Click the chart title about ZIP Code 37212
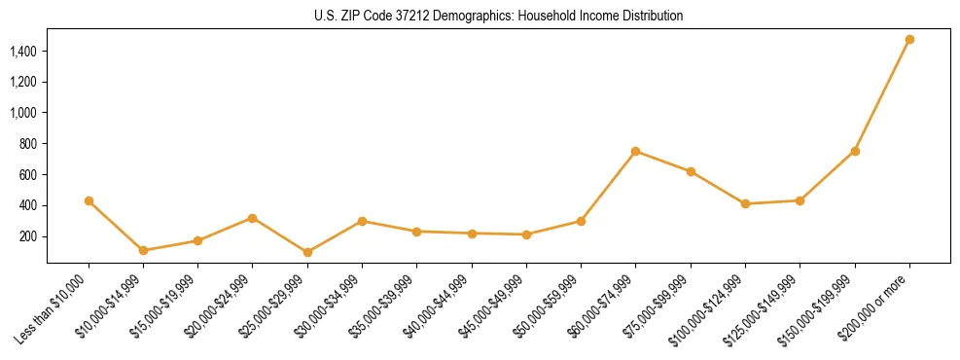tap(498, 16)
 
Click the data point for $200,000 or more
tap(909, 40)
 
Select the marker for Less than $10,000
tap(89, 200)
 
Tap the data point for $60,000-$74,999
tap(635, 151)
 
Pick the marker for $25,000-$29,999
tap(307, 252)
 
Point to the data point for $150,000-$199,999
tap(855, 151)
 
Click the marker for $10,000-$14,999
tap(143, 250)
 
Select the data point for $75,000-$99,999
tap(691, 171)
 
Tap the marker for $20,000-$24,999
tap(253, 218)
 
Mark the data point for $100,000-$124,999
tap(745, 203)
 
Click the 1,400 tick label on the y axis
tap(23, 51)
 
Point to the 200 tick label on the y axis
tap(28, 236)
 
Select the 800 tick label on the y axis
tap(28, 144)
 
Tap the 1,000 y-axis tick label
tap(23, 113)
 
